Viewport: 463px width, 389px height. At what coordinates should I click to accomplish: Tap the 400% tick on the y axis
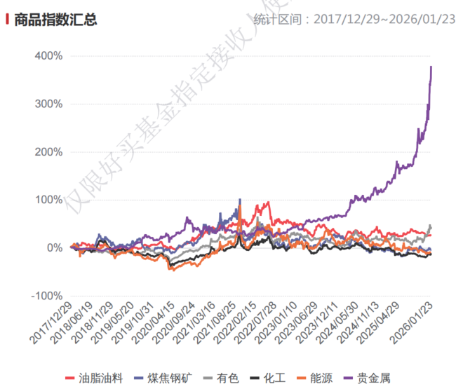(x=48, y=55)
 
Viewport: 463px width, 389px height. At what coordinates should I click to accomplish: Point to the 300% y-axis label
(x=48, y=104)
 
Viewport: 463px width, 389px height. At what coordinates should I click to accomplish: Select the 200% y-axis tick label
(x=48, y=152)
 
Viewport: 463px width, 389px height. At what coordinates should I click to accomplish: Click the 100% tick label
(x=48, y=200)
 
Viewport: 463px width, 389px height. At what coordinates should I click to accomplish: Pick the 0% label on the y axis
(x=54, y=248)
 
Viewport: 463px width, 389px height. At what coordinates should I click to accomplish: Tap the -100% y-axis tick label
(x=46, y=296)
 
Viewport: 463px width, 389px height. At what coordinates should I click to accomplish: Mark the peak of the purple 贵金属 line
(x=431, y=67)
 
